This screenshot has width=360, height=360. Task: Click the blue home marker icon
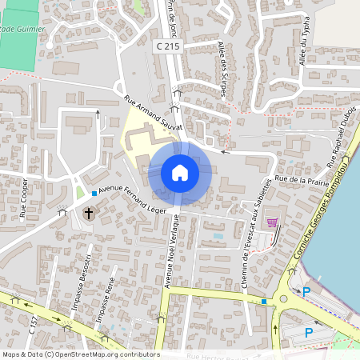180,173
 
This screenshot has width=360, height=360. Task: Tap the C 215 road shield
166,48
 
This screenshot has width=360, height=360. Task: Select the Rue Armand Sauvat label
154,114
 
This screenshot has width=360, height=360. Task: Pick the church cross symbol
89,214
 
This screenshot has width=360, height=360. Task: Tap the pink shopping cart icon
272,222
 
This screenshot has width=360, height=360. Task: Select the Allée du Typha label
303,43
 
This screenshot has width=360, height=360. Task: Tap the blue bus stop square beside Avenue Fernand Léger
94,194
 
